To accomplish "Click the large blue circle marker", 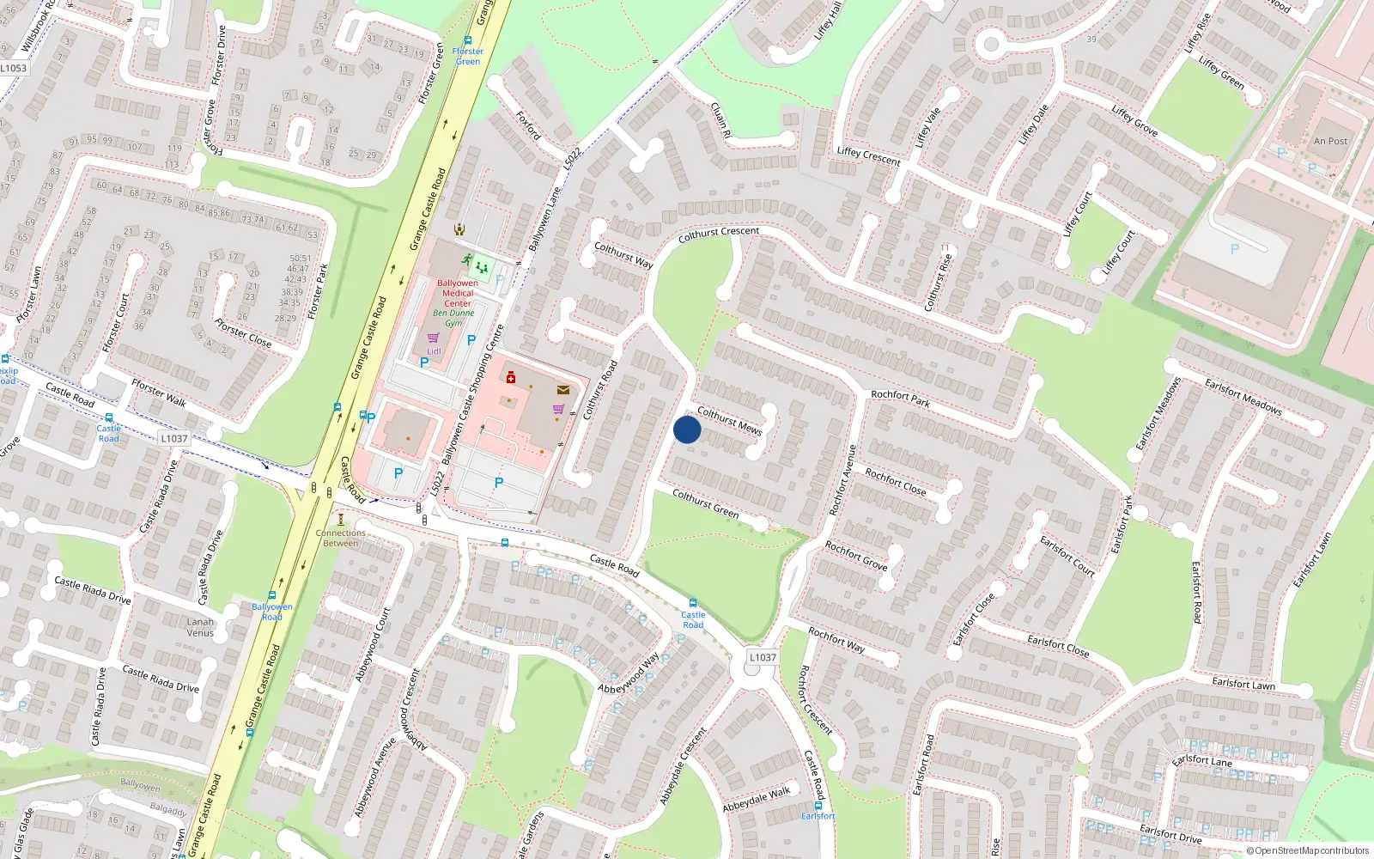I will [687, 429].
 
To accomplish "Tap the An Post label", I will [1330, 141].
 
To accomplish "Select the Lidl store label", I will [434, 351].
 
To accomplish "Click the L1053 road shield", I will [13, 68].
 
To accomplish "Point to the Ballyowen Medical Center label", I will [458, 293].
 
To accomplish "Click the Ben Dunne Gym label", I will [453, 318].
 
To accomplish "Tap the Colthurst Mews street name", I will [729, 421].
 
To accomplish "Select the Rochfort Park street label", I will [900, 399].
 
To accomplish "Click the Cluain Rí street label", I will [720, 120].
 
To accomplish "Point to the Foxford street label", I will [529, 125].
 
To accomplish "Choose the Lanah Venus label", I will [200, 627].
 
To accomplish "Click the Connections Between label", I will [341, 538].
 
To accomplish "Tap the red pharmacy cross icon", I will [511, 377].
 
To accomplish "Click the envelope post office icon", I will [563, 390].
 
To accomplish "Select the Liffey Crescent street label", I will [868, 155].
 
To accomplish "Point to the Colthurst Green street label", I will [705, 503].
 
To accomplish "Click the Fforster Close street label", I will [243, 333].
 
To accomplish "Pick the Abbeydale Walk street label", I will [756, 800].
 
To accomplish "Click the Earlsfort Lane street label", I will [1201, 760].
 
